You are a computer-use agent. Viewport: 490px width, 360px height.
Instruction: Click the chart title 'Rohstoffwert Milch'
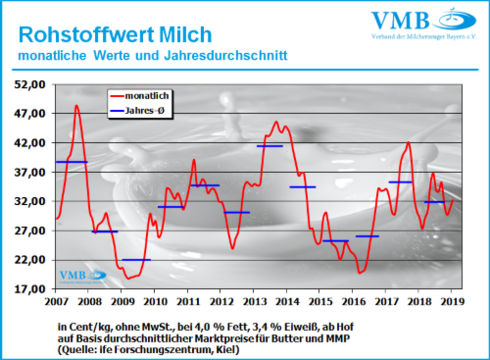115,35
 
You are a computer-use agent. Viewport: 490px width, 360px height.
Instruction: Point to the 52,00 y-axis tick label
30,85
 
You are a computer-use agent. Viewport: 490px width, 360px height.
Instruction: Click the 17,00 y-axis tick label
30,289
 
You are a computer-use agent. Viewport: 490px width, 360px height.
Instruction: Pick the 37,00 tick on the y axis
30,172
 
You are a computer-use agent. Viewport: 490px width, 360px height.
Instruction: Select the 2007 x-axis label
56,301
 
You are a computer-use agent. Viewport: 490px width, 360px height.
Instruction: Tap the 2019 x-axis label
452,301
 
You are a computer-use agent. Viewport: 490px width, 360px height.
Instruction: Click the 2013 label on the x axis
254,301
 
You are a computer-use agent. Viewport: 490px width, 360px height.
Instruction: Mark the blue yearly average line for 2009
136,260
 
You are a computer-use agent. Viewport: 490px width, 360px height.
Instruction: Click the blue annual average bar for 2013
269,146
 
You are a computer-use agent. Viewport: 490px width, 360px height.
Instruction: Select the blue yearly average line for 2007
72,162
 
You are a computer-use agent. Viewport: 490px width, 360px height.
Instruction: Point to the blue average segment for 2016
367,236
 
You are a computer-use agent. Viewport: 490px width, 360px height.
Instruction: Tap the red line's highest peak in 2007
77,106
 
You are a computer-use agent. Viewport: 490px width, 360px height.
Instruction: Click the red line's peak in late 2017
408,142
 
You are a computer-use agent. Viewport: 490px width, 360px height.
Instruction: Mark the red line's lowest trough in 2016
360,273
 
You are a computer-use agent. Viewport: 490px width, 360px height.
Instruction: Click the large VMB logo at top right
424,23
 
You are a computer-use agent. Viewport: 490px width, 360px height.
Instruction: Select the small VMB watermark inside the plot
83,277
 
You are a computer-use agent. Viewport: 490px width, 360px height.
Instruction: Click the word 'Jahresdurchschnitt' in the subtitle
226,56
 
